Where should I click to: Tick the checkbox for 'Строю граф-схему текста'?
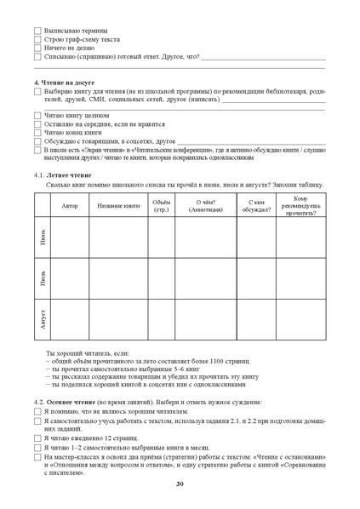point(37,39)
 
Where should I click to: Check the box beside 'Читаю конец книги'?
point(37,133)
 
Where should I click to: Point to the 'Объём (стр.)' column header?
point(161,206)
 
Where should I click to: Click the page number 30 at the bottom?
point(180,484)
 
